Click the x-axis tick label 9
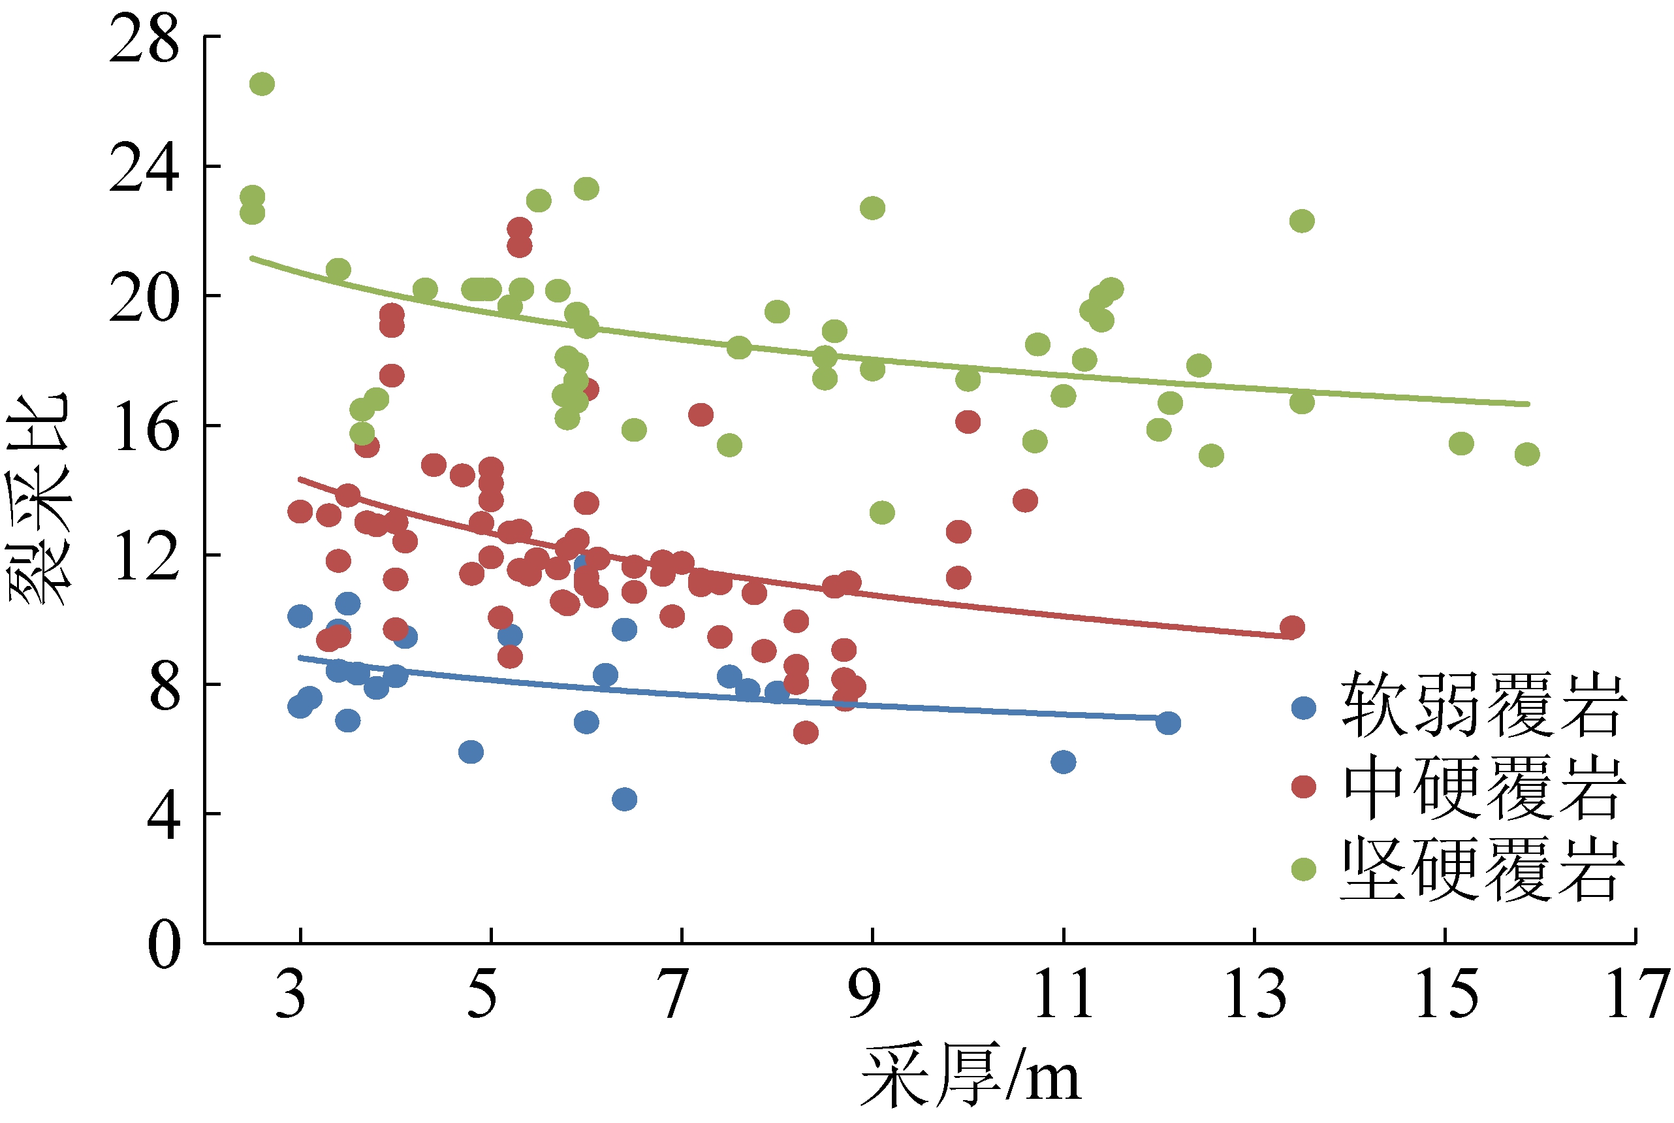click(x=864, y=995)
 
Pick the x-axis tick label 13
click(x=1255, y=995)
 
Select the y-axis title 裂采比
click(x=39, y=499)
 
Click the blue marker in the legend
click(x=1303, y=708)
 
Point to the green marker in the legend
click(x=1303, y=870)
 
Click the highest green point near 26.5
click(x=262, y=84)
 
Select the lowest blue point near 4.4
click(x=624, y=799)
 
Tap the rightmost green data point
click(x=1526, y=454)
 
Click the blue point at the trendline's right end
click(x=1168, y=723)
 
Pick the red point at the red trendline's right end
click(x=1292, y=627)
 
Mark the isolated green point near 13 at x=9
click(x=882, y=513)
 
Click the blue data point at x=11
click(x=1064, y=762)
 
